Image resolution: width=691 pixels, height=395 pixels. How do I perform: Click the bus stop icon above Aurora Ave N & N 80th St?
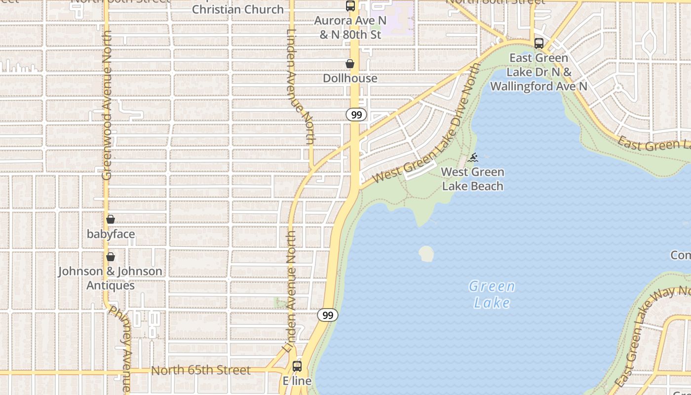pos(350,6)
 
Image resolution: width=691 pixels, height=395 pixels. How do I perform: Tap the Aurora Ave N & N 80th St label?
pos(350,28)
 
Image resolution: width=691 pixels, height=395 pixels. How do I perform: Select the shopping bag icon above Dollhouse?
pos(350,64)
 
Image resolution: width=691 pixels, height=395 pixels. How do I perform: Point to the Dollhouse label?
pos(350,78)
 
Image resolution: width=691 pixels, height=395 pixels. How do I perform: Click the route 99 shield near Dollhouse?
pos(356,115)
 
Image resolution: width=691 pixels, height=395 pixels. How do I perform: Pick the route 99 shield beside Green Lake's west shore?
pos(328,315)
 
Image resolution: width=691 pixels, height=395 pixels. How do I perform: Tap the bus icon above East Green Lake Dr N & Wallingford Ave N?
pos(539,43)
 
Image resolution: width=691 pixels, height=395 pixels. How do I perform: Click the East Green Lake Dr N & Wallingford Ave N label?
pos(538,72)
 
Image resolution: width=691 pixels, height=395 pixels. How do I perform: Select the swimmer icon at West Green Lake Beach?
pos(473,158)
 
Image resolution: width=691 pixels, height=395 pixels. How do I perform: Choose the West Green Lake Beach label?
pos(473,179)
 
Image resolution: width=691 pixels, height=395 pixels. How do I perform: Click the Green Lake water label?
pos(492,294)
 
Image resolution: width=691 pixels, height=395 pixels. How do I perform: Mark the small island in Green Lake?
pos(426,254)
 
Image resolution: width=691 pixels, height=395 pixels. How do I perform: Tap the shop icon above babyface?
pos(111,219)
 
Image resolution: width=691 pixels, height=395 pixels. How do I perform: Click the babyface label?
pos(111,234)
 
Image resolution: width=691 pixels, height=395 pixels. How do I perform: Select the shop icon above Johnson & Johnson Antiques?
pos(111,257)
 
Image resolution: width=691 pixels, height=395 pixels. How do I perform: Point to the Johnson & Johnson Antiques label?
pos(110,278)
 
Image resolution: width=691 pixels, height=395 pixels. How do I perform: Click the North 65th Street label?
pos(201,370)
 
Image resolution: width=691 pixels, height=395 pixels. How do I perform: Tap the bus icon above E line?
pos(297,366)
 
